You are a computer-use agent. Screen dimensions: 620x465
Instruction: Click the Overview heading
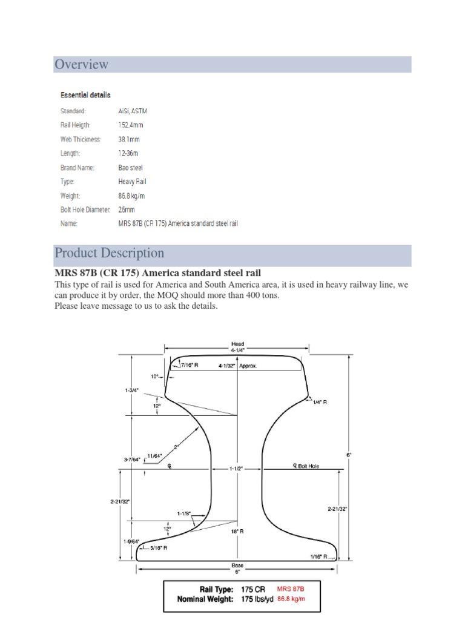click(82, 64)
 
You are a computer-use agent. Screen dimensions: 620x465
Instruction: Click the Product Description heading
click(109, 253)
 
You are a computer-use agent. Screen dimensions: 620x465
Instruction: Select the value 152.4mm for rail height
click(131, 125)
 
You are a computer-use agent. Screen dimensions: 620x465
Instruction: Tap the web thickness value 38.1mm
click(130, 139)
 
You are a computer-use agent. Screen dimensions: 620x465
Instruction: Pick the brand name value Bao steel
click(131, 167)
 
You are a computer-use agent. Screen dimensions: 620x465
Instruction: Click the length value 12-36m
click(128, 153)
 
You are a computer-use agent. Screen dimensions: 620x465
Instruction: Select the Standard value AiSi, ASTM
click(133, 111)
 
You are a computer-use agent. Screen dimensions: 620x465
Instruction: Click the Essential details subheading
click(85, 95)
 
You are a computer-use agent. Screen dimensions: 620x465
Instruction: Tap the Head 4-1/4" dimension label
click(237, 347)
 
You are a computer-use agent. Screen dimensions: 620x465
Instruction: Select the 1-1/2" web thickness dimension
click(237, 469)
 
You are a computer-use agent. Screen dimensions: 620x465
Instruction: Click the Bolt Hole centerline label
click(309, 466)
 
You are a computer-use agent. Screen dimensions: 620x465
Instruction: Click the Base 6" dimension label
click(237, 568)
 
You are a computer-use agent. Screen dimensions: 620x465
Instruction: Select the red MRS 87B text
click(290, 589)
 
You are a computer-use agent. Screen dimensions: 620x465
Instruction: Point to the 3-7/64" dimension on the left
click(133, 460)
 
